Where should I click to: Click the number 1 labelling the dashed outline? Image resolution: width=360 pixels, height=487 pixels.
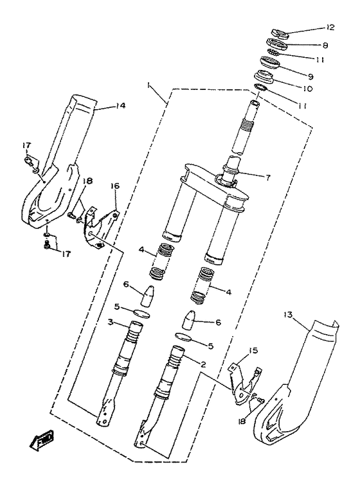[148, 86]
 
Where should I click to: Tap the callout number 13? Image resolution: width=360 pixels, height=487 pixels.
[287, 314]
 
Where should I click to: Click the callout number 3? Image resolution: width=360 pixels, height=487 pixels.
[110, 322]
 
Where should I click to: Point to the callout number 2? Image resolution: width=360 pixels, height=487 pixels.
[203, 364]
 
